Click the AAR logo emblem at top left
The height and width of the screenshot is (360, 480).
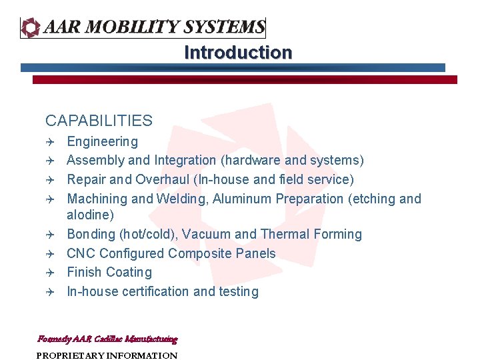coord(31,27)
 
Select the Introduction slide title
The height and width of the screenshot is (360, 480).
coord(238,53)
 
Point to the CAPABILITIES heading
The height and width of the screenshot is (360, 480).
coord(99,121)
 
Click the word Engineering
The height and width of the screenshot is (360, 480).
coord(103,141)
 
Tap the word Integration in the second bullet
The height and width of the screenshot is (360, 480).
coord(185,160)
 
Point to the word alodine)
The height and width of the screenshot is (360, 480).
coord(91,215)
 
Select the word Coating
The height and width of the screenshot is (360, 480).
coord(129,272)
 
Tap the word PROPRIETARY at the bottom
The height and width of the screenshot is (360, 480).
coord(69,355)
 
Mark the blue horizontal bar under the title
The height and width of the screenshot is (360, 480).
coord(233,67)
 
